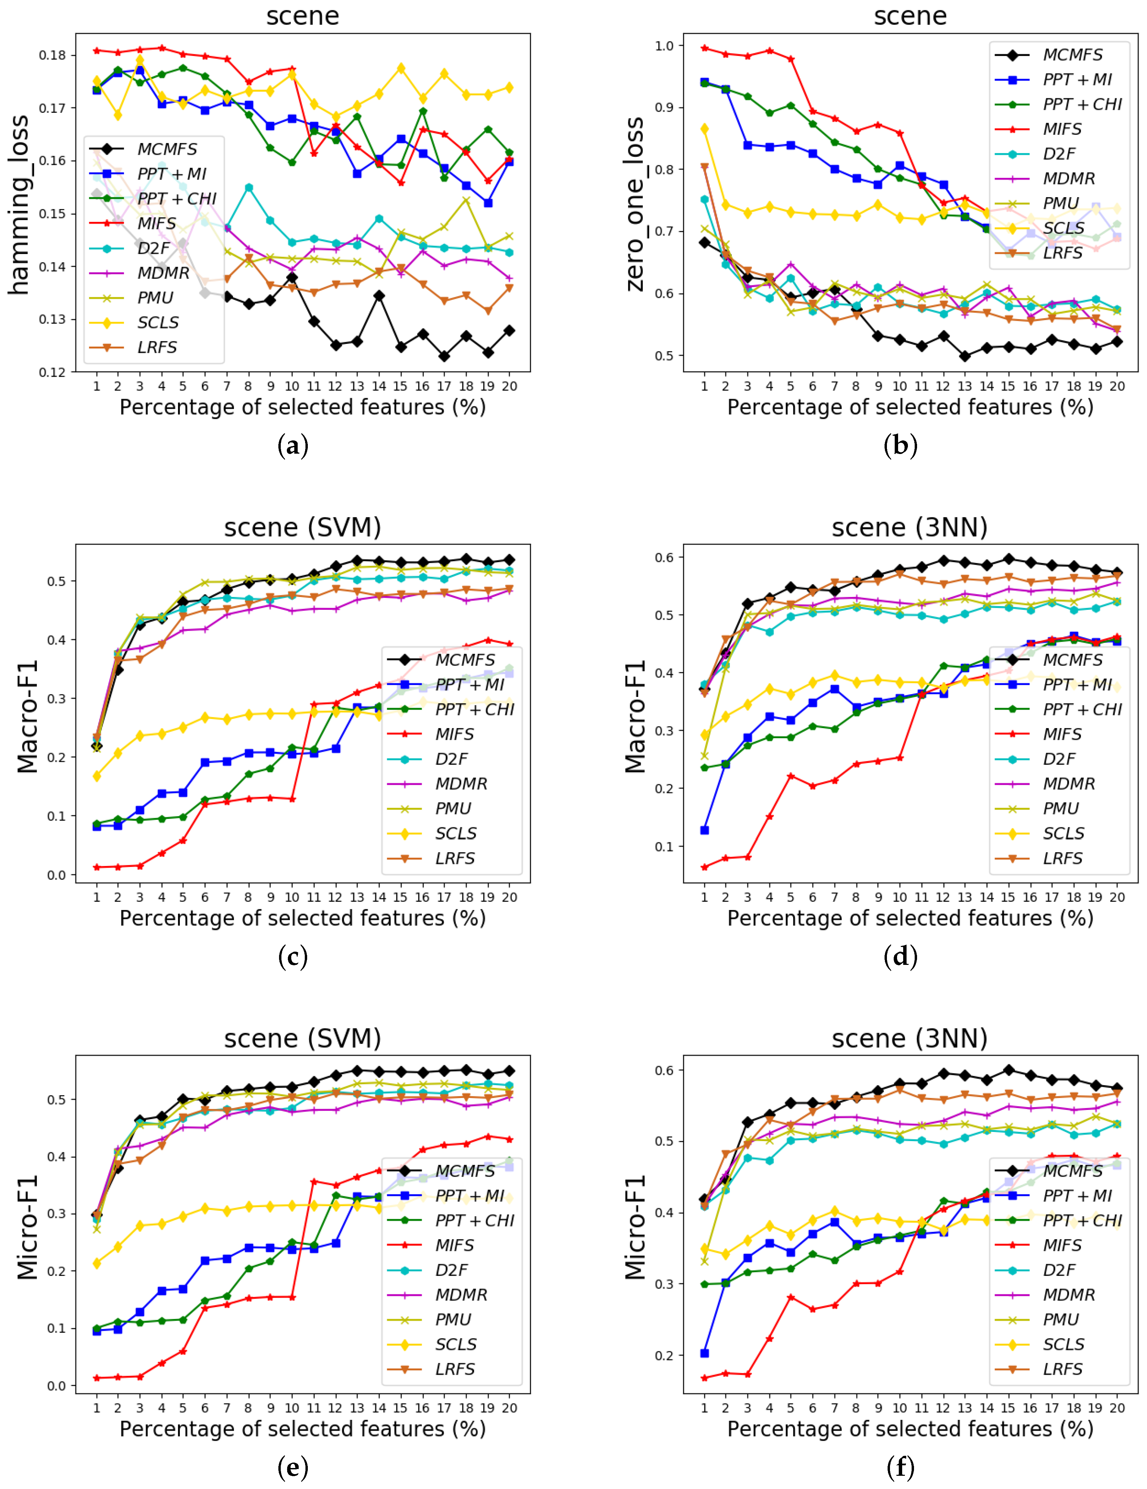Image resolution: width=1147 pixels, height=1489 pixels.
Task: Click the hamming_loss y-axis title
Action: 19,205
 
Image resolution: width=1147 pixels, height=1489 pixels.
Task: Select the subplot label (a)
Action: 293,446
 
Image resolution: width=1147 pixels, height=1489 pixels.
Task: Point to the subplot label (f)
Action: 900,1467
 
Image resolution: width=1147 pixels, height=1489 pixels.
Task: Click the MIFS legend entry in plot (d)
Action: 1062,734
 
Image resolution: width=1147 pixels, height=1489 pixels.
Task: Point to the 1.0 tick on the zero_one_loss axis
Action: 664,46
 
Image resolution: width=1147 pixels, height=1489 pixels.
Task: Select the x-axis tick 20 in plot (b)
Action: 1116,386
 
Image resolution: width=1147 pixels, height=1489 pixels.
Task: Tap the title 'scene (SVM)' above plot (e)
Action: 302,1038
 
